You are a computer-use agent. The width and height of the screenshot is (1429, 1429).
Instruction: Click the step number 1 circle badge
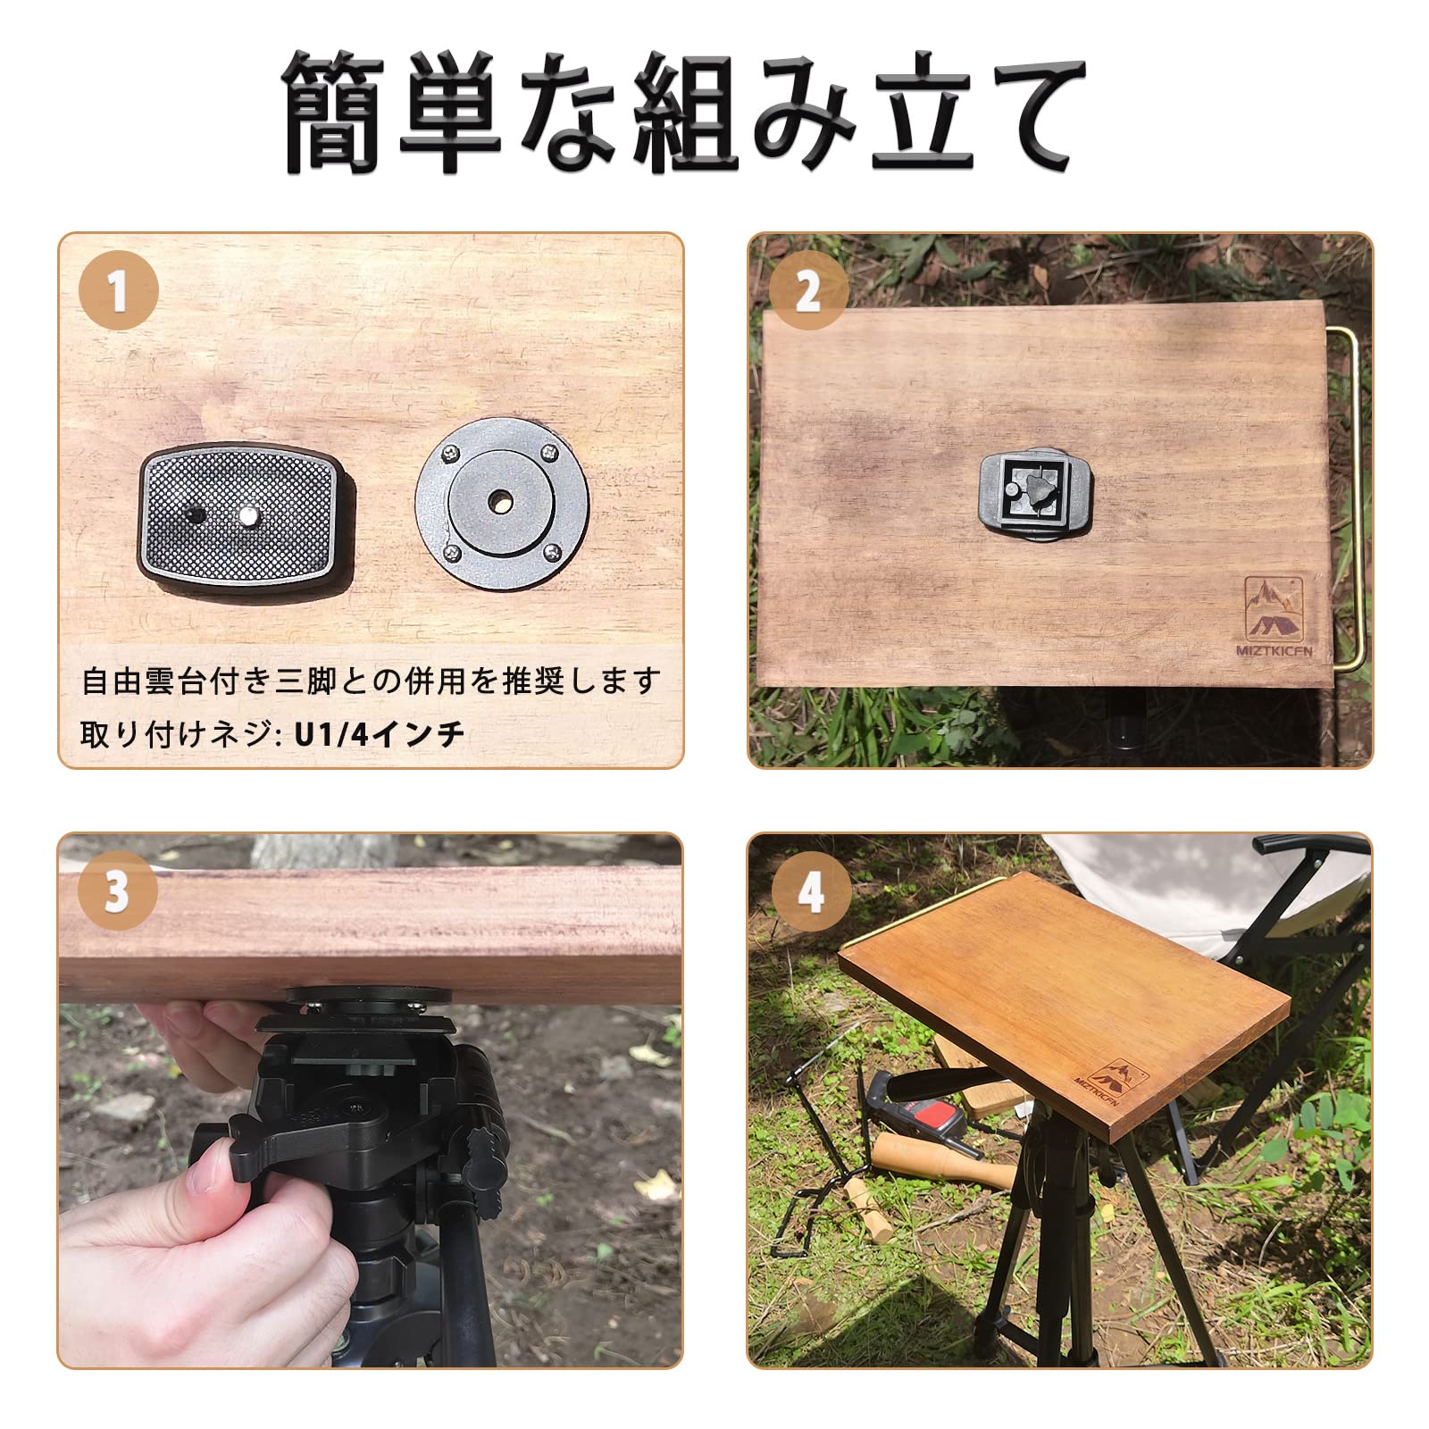pos(119,290)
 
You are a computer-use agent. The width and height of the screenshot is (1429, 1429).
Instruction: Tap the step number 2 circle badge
pos(808,290)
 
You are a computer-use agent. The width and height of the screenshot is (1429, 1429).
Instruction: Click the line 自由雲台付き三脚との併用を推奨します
pos(370,681)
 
